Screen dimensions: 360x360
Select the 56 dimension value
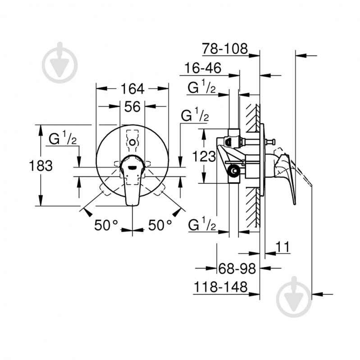click(x=132, y=106)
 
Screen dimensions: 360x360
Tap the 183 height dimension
click(x=41, y=165)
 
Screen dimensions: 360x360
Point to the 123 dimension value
click(x=204, y=157)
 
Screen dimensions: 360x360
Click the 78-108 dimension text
click(x=225, y=49)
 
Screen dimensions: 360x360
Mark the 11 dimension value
click(x=282, y=247)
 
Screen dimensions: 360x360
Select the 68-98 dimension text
click(x=237, y=269)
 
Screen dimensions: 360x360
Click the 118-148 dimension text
click(x=221, y=287)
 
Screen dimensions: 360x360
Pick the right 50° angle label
click(x=160, y=225)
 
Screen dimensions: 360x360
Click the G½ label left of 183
click(x=63, y=139)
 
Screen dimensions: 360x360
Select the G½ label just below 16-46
click(x=201, y=88)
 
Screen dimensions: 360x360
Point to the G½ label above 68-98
click(x=201, y=224)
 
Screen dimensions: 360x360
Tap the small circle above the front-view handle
click(x=132, y=143)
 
